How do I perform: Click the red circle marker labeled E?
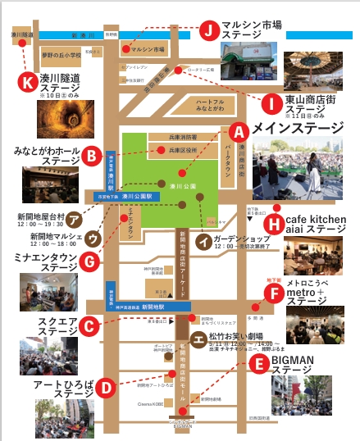point(258,364)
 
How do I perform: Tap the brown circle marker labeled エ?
point(198,339)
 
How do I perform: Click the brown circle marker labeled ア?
point(74,219)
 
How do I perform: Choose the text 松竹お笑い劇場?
point(243,336)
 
